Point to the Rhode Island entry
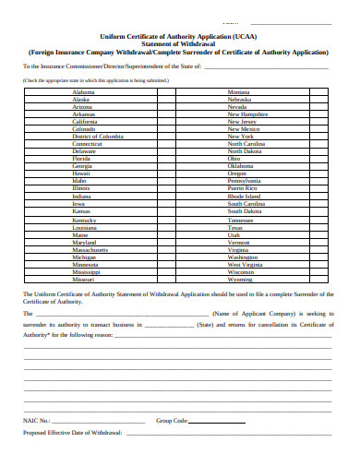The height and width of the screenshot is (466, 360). click(245, 196)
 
